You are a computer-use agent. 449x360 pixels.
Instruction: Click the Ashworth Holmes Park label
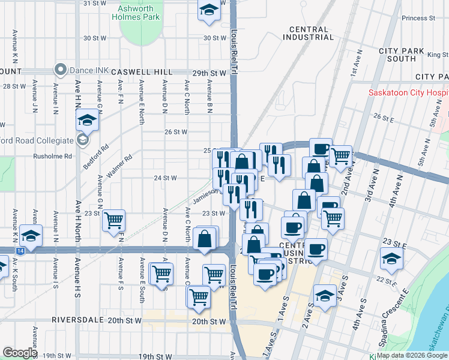coord(136,13)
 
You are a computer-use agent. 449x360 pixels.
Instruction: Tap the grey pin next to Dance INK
coord(60,70)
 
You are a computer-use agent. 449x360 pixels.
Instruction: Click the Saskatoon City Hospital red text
coord(408,94)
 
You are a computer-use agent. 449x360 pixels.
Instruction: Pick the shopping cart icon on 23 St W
coord(113,220)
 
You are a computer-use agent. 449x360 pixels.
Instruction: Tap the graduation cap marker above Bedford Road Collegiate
coord(88,120)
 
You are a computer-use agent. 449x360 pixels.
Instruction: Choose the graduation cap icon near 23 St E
coord(391,259)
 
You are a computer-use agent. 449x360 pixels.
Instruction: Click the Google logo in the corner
coord(20,353)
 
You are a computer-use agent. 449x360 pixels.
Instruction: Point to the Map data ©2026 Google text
coord(412,355)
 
